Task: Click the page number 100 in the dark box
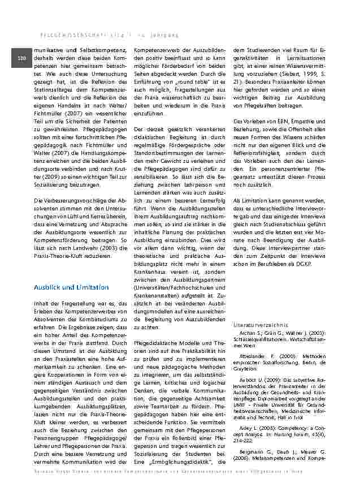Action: coord(21,59)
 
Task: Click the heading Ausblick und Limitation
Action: coord(71,287)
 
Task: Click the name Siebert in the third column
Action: coord(303,74)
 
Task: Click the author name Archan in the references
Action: coord(248,334)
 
